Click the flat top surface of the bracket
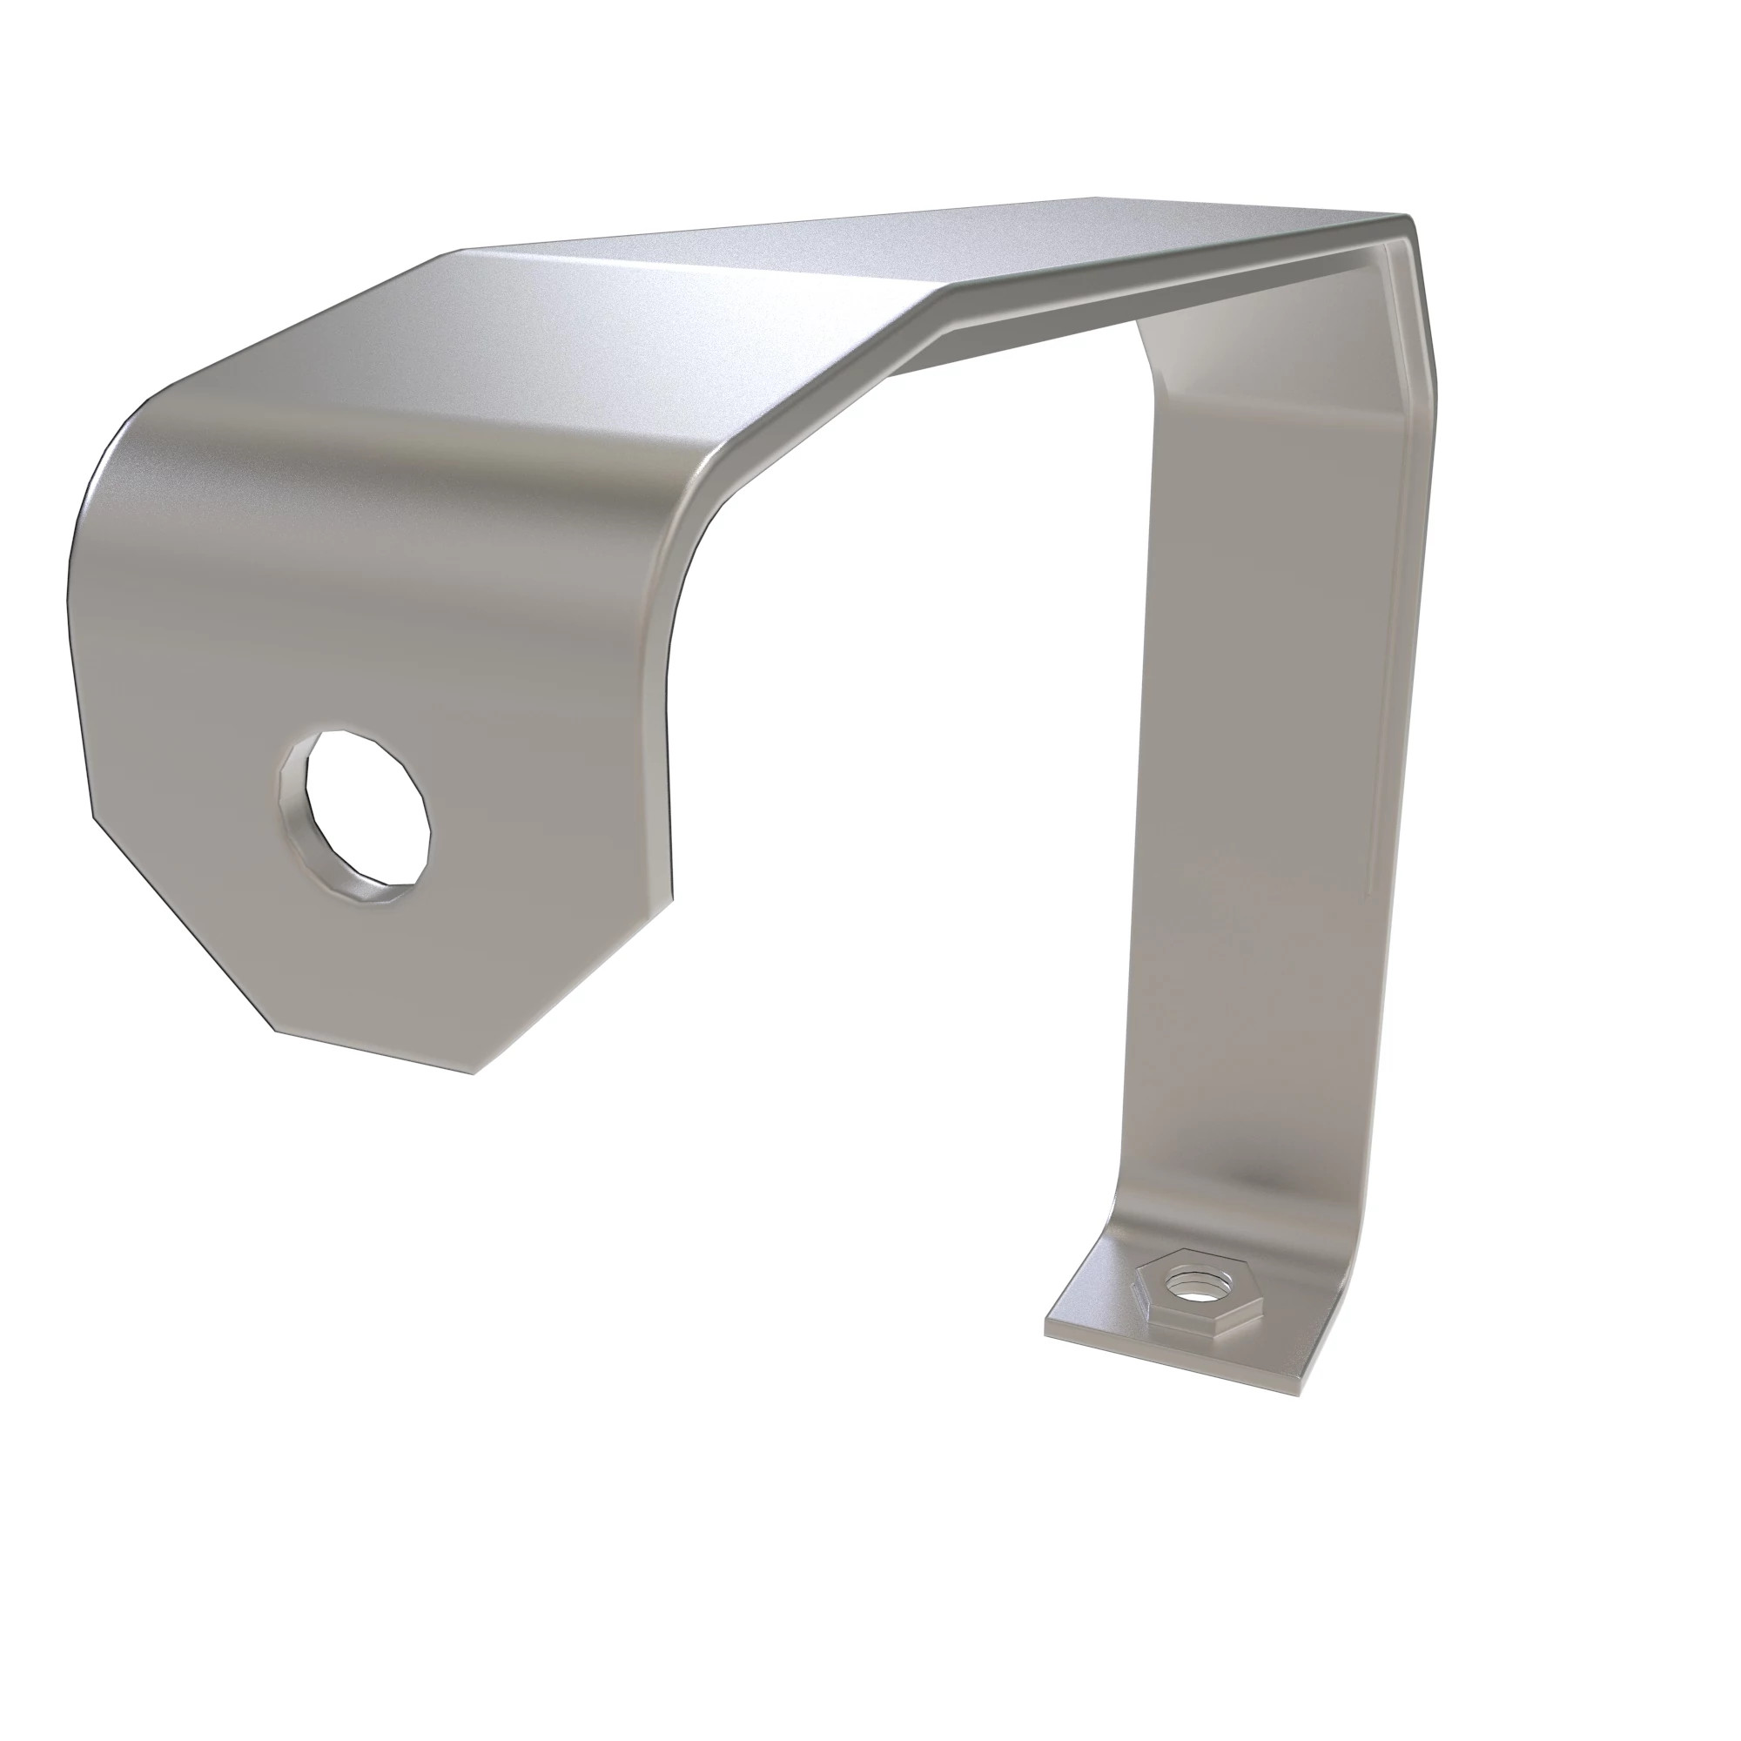[901, 252]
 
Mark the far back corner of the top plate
[1095, 198]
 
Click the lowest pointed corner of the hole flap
[472, 1072]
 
